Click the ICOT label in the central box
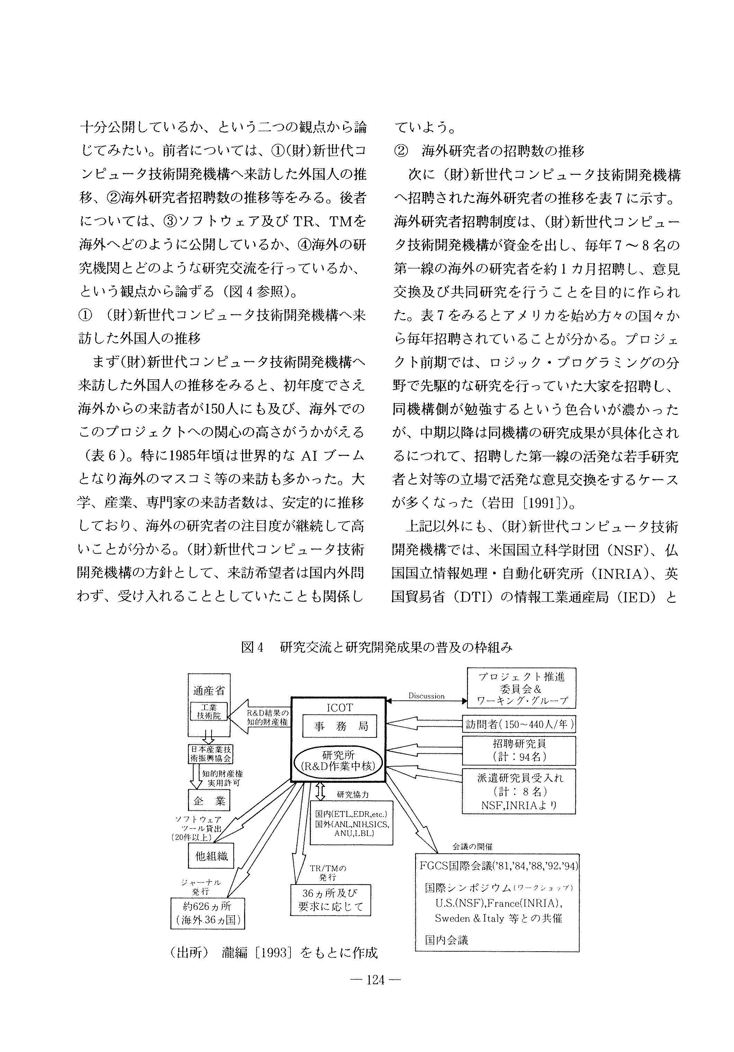(x=339, y=707)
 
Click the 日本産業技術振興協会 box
(x=211, y=754)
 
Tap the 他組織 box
(x=211, y=856)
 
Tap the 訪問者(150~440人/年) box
(x=519, y=724)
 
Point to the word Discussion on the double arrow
(x=426, y=696)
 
